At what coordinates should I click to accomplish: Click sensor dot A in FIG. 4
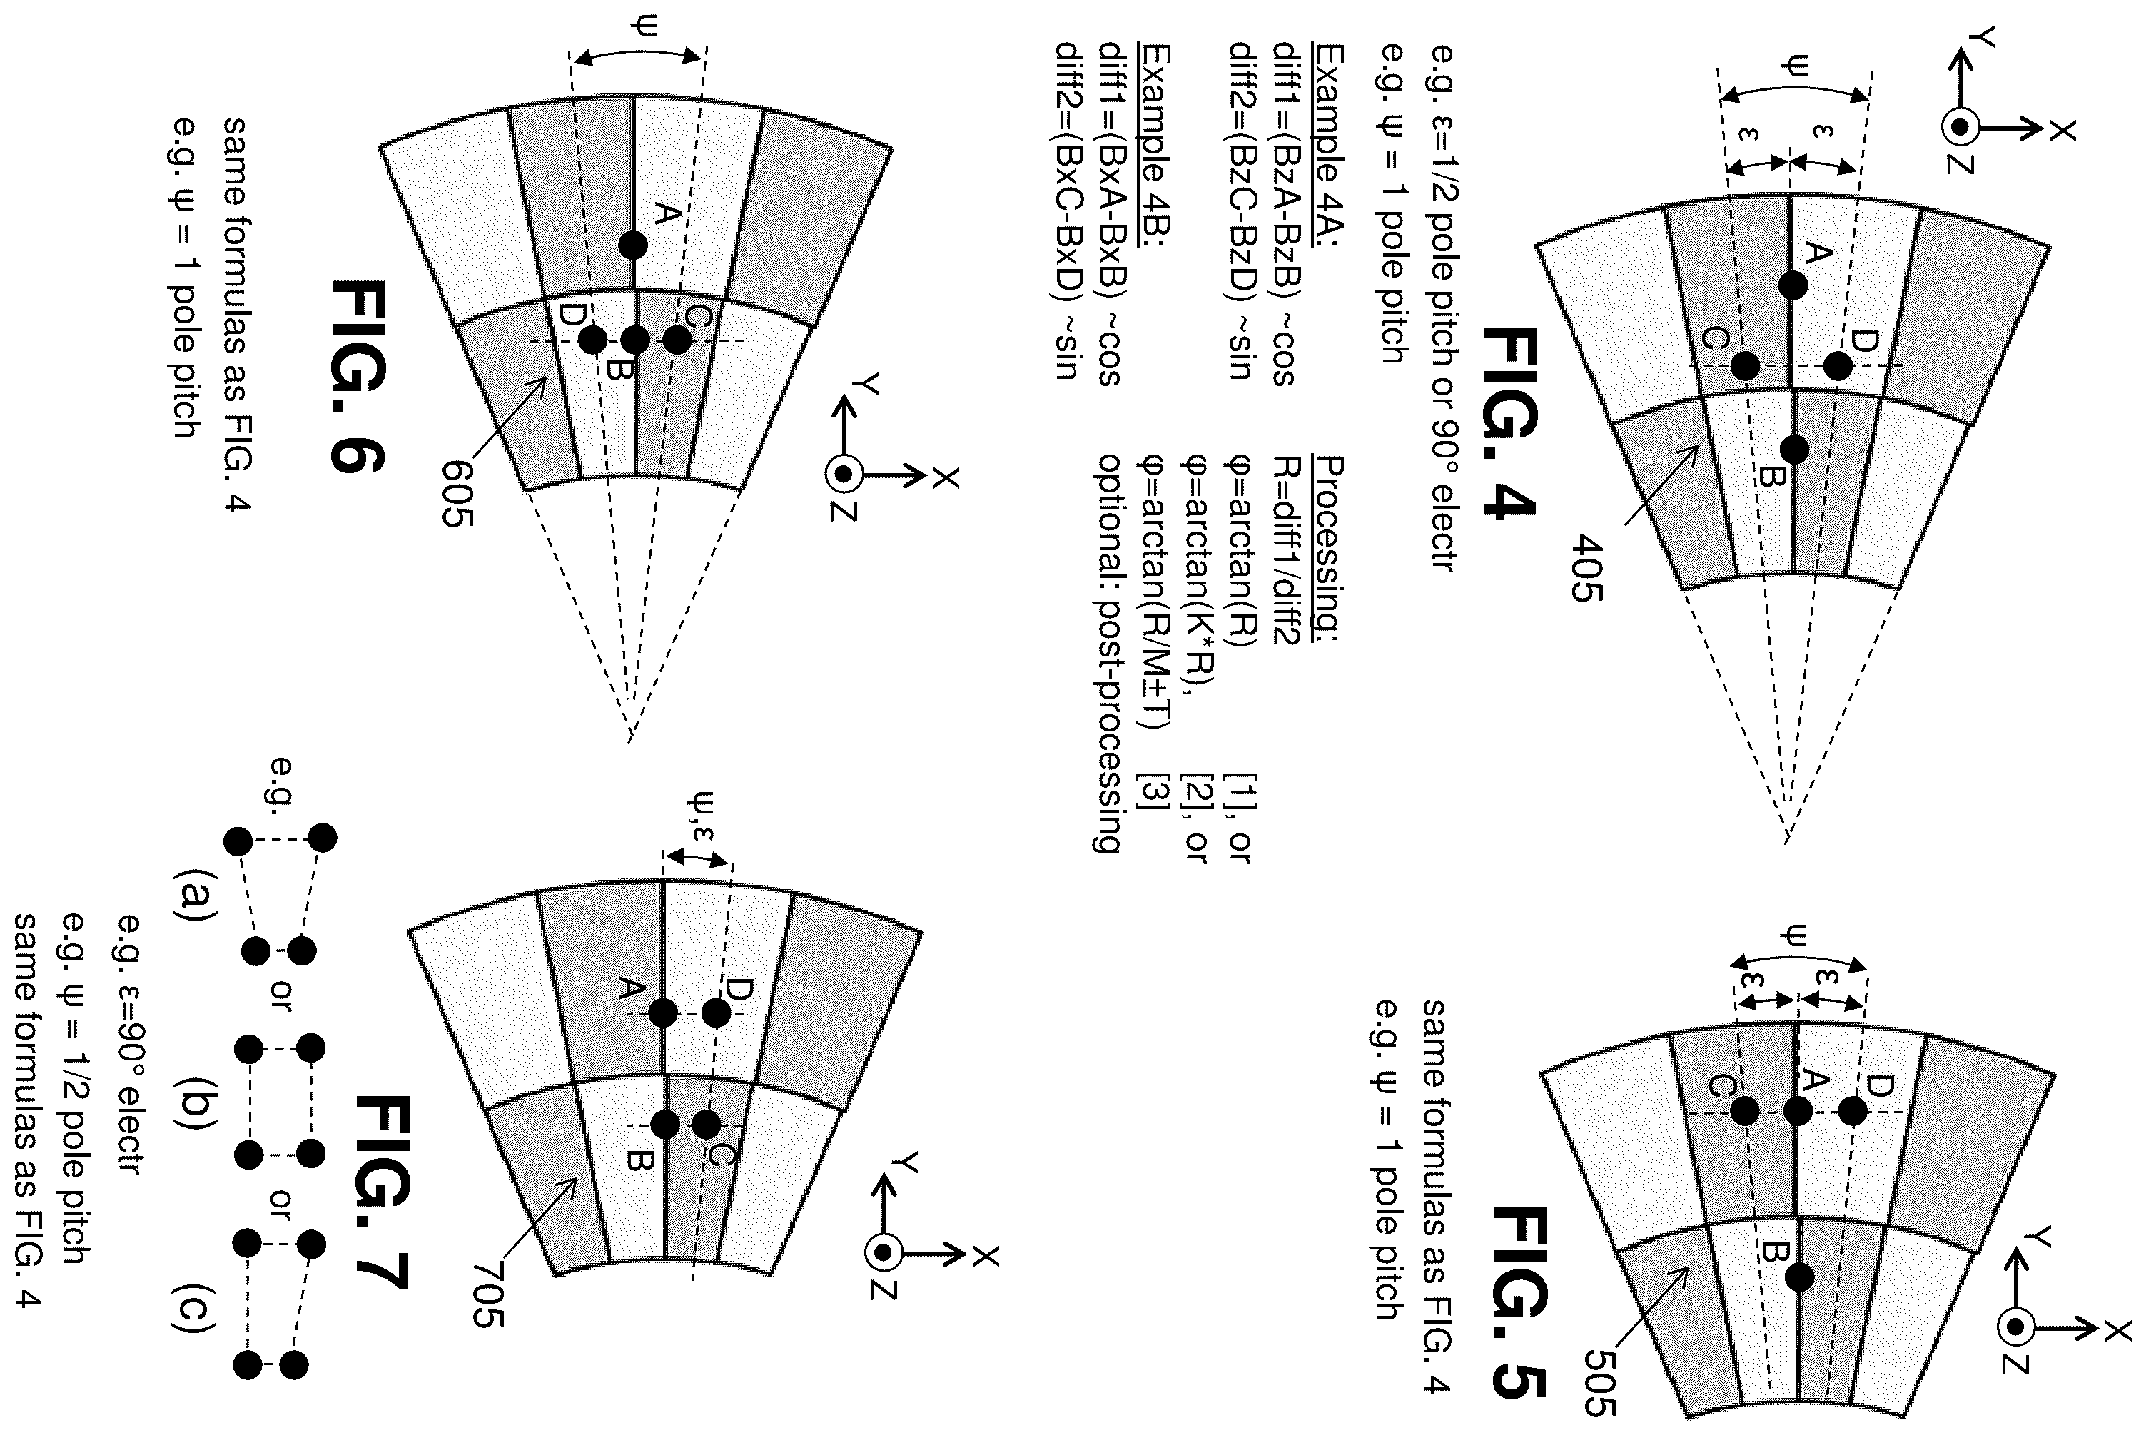pyautogui.click(x=1793, y=285)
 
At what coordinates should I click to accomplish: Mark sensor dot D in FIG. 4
pyautogui.click(x=1838, y=367)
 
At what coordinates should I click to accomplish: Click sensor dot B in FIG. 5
pyautogui.click(x=1798, y=1277)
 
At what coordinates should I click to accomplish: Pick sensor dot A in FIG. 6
pyautogui.click(x=632, y=245)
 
